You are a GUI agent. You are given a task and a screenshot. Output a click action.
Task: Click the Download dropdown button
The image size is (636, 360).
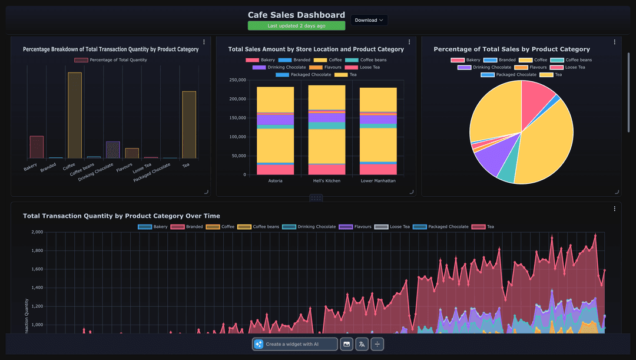tap(369, 20)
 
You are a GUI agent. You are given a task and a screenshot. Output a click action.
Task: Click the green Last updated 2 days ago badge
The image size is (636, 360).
tap(296, 26)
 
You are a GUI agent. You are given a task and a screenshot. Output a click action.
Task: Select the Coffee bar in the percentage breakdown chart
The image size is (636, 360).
tap(75, 115)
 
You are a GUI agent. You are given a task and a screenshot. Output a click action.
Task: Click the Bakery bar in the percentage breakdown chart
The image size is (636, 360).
tap(37, 147)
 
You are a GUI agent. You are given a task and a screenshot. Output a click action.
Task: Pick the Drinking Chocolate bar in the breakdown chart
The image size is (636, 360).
tap(113, 150)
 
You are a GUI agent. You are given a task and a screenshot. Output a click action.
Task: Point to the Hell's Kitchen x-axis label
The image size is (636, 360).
tap(327, 181)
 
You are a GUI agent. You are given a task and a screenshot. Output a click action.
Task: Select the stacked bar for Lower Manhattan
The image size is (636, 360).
tap(378, 131)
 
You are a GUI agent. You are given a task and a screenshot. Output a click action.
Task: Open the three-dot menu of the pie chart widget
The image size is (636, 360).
tap(614, 42)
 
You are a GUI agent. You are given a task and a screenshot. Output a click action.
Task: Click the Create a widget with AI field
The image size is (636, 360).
tap(295, 344)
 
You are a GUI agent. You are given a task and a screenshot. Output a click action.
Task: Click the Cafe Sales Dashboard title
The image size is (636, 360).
tap(296, 15)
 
